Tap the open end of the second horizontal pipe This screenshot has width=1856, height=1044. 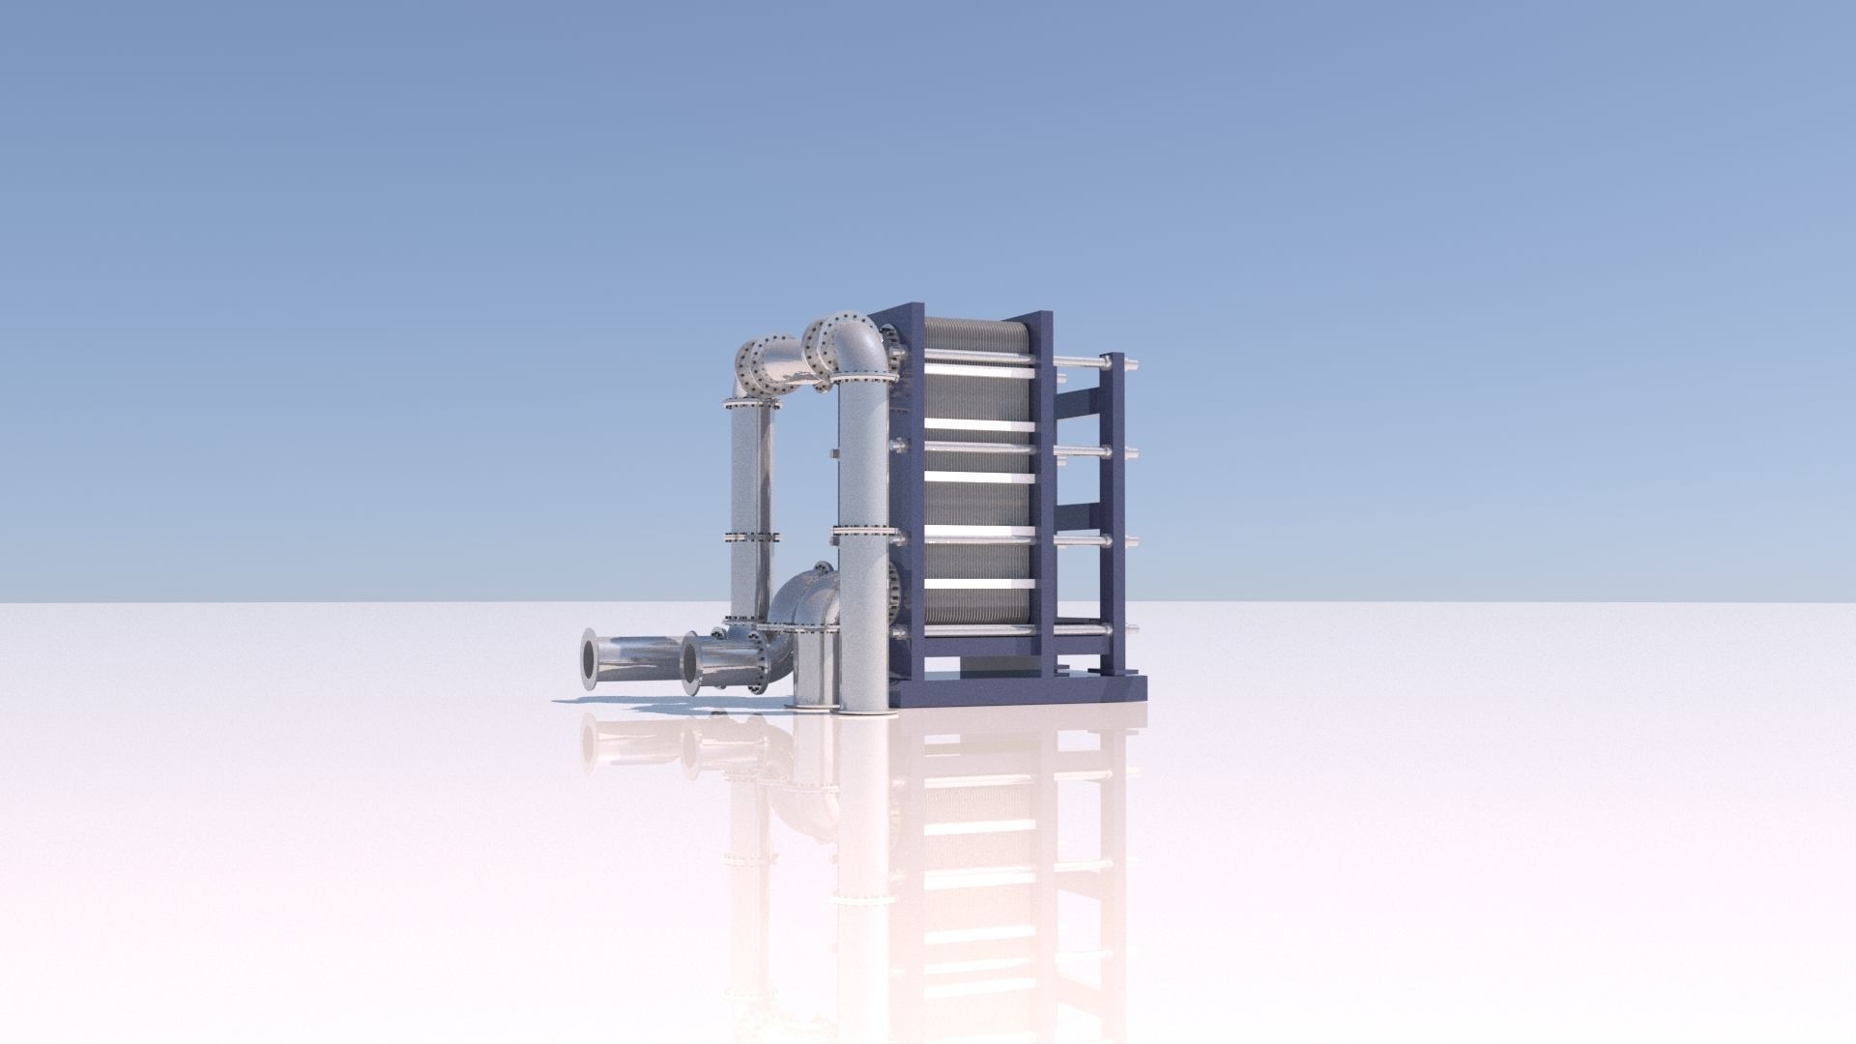[689, 663]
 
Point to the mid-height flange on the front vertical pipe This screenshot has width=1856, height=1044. [861, 530]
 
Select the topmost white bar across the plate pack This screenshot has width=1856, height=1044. [978, 356]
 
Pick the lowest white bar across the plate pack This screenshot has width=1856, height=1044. [978, 583]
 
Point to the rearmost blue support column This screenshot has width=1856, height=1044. [1114, 512]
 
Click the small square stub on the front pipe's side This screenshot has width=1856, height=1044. [831, 452]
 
